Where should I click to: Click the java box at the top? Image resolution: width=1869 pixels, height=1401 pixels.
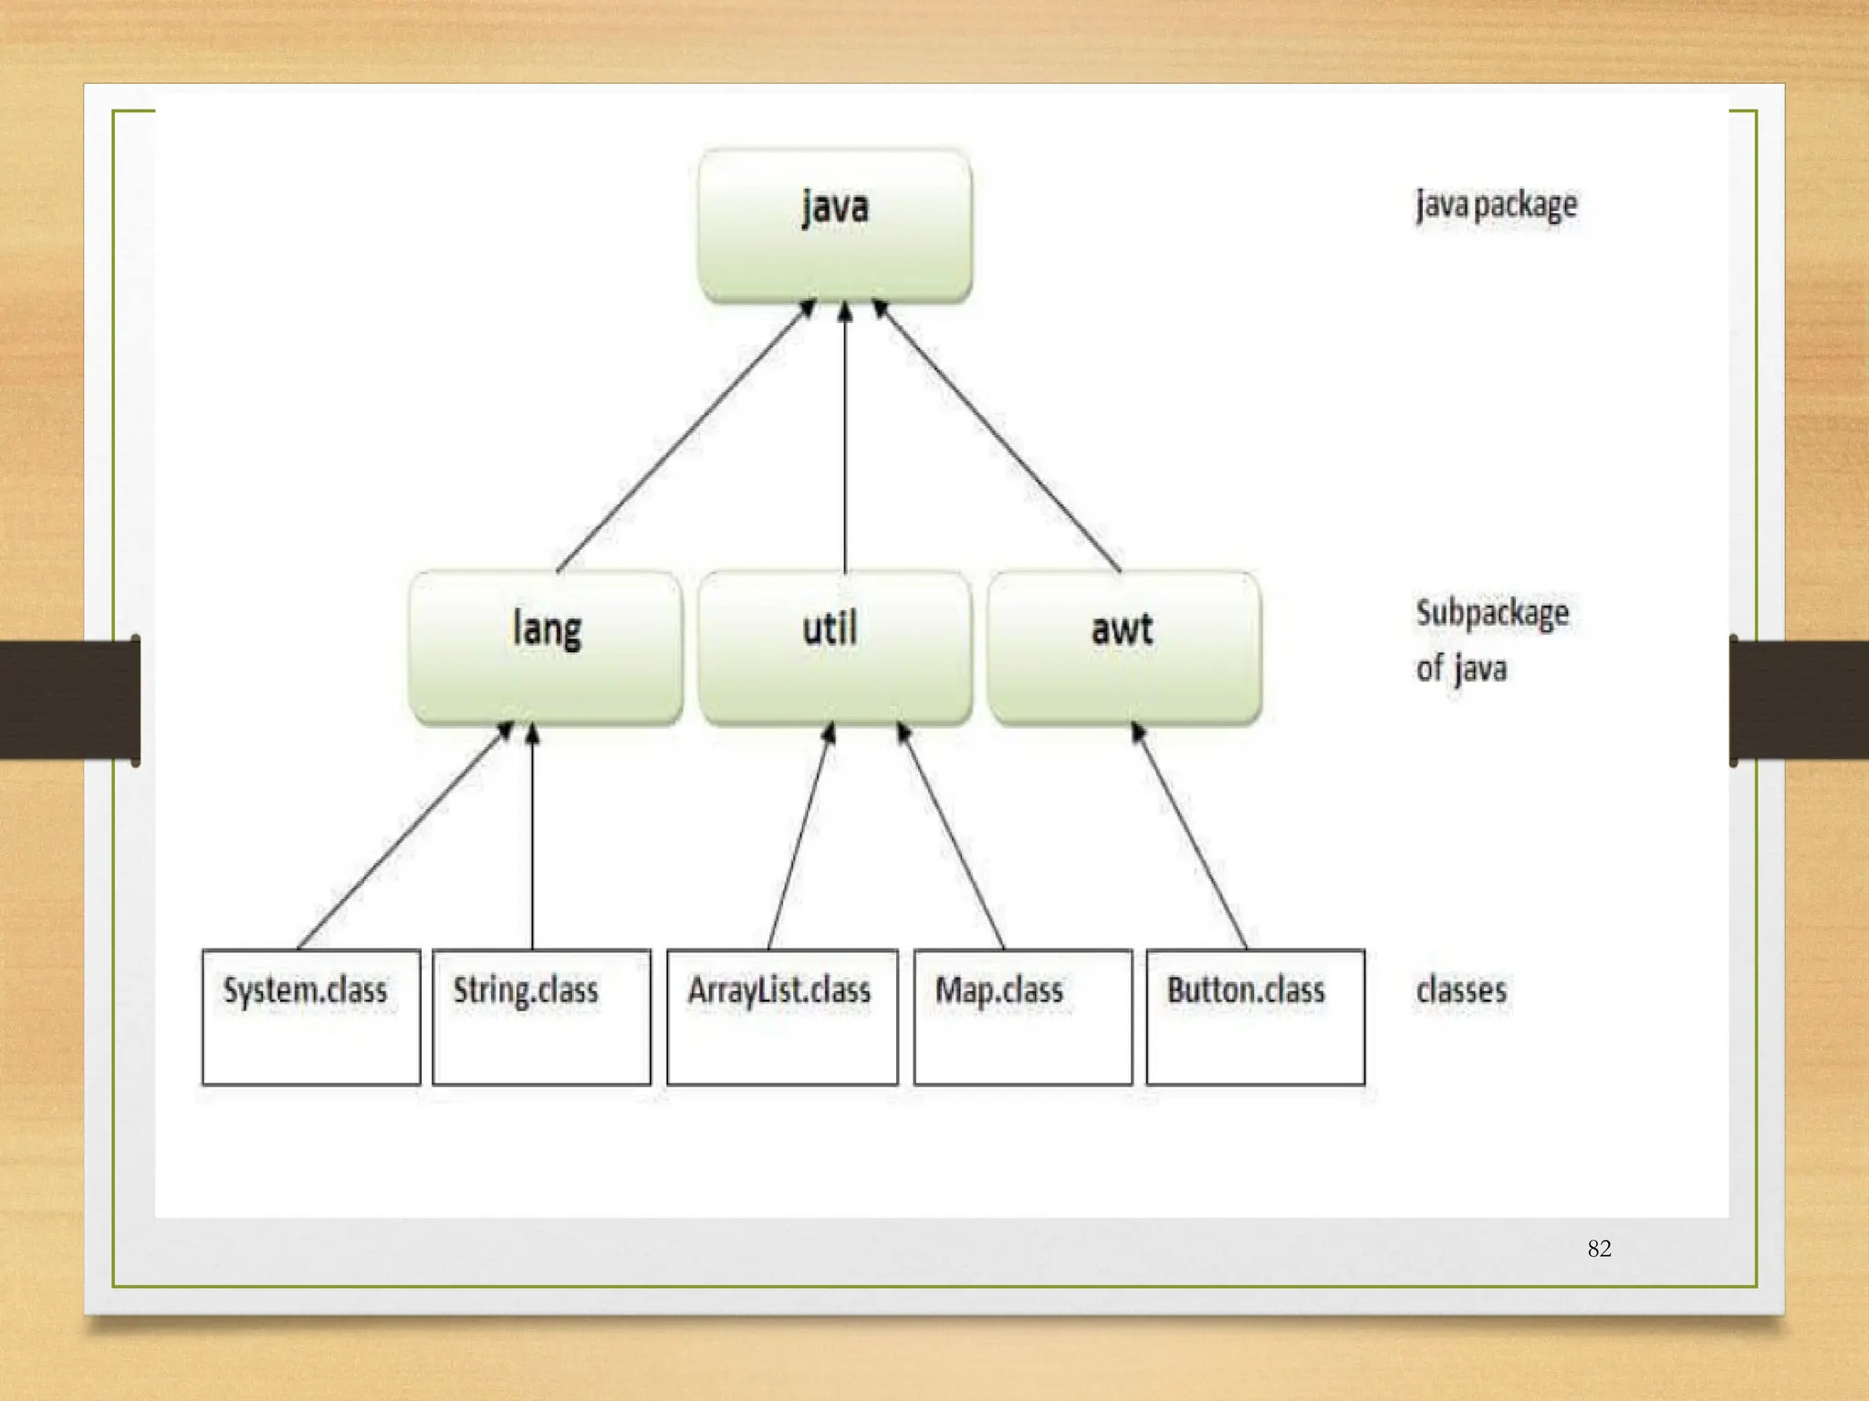click(834, 224)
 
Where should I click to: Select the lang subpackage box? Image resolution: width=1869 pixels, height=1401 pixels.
click(546, 648)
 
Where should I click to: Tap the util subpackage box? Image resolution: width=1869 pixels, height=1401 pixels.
click(834, 648)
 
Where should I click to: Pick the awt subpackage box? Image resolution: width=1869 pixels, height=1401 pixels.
click(1124, 648)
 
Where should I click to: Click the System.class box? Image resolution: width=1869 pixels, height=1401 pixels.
click(311, 1016)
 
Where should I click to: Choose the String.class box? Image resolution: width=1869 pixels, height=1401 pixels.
click(541, 1016)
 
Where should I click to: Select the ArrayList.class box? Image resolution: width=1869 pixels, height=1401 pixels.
click(782, 1016)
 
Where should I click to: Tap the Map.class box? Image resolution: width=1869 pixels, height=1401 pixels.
click(1023, 1016)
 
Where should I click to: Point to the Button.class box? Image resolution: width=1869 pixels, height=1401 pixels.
click(1255, 1016)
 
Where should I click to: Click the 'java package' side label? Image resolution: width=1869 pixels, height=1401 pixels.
click(1496, 204)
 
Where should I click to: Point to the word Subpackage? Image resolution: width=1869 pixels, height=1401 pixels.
click(1492, 612)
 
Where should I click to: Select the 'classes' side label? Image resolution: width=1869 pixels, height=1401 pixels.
click(1461, 990)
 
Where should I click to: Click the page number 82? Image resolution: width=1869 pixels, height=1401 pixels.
click(1599, 1248)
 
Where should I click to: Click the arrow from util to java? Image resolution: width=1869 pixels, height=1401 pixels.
click(845, 438)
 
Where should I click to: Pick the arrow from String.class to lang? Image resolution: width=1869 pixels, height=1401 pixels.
click(533, 835)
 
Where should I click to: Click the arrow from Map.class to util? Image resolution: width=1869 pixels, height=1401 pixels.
click(953, 835)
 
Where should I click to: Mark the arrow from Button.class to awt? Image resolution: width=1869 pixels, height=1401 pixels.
click(1190, 835)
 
